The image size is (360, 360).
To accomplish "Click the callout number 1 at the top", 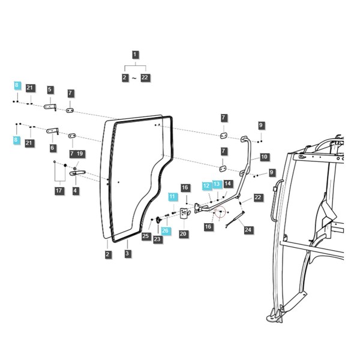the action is point(135,55).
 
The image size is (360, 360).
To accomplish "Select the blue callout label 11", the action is point(172,197).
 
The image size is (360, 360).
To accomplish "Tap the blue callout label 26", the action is point(166,230).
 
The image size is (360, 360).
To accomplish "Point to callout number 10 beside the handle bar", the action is point(264,157).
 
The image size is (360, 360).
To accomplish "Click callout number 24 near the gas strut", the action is point(248,230).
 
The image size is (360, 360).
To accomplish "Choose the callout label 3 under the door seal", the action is point(127,254).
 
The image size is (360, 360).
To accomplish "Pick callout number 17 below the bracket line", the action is point(59,190).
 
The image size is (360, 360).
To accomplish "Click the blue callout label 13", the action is point(217,184).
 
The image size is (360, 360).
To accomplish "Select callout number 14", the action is point(227,184).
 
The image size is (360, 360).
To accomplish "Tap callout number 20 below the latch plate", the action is point(183,234).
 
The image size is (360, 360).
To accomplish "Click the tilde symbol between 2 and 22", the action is point(134,79).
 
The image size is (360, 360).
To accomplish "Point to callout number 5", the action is point(50,89).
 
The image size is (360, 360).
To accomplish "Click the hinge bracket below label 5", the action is point(50,107).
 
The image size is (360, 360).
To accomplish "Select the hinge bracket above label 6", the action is point(53,131).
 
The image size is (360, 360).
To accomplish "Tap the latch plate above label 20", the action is point(184,214).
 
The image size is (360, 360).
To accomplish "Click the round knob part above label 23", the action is point(158,220).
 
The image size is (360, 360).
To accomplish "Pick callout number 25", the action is point(146,236).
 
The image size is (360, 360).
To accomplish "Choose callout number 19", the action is point(80,154).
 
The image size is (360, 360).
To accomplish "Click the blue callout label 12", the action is point(206,185).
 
